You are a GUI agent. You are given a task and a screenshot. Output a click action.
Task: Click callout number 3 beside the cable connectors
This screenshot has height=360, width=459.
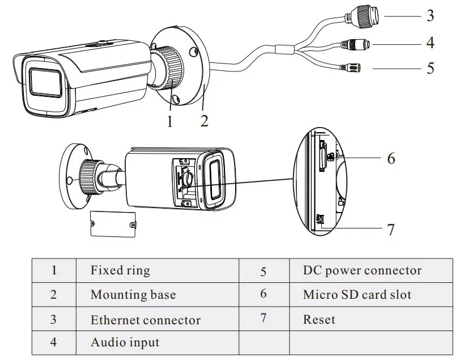430,16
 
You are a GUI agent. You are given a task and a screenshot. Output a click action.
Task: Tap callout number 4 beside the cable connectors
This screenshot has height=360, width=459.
430,43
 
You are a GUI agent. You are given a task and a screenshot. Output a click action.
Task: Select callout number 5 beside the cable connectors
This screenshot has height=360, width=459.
430,69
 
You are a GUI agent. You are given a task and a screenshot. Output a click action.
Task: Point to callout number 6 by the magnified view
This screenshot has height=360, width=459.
391,158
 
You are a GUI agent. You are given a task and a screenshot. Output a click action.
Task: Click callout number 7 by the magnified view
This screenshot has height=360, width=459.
390,230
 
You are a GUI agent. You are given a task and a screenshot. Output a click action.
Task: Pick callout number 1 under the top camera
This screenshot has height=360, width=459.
169,120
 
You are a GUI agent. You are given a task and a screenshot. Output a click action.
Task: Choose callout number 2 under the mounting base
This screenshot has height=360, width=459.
205,120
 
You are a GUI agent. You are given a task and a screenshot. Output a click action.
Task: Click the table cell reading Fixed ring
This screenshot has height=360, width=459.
120,270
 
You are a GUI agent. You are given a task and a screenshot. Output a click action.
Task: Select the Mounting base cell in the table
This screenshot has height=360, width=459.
133,295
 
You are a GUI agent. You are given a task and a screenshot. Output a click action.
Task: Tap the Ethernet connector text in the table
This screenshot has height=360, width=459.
146,320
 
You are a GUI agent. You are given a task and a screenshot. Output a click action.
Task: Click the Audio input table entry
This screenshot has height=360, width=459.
125,343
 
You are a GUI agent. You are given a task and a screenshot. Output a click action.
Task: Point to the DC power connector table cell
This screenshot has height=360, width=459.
362,270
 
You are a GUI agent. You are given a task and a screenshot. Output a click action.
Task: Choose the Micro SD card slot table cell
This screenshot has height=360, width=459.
357,295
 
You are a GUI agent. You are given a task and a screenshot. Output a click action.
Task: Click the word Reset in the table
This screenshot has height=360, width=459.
319,319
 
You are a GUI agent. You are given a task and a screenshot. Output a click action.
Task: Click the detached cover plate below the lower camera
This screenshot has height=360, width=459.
114,223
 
